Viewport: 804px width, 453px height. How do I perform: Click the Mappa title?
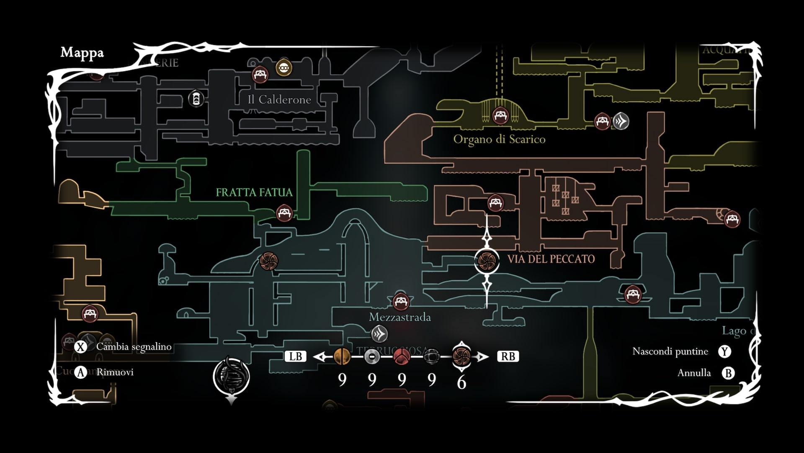pyautogui.click(x=82, y=53)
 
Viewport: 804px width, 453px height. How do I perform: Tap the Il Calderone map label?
pyautogui.click(x=279, y=100)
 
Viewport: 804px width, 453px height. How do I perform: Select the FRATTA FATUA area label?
pyautogui.click(x=254, y=193)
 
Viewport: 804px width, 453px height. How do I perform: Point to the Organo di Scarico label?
pyautogui.click(x=499, y=139)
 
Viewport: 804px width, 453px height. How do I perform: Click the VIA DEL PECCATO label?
pyautogui.click(x=551, y=259)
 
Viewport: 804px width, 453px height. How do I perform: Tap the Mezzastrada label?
pyautogui.click(x=399, y=318)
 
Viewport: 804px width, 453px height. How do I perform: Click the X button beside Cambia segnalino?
pyautogui.click(x=80, y=347)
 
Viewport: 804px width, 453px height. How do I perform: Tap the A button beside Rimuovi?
pyautogui.click(x=80, y=372)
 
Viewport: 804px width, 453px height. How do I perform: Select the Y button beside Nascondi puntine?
pyautogui.click(x=725, y=351)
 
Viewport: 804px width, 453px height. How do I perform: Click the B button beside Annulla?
pyautogui.click(x=728, y=373)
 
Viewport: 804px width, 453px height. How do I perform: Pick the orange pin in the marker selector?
pyautogui.click(x=342, y=357)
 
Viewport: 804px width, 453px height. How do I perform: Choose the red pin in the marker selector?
pyautogui.click(x=402, y=357)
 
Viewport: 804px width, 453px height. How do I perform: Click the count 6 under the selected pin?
pyautogui.click(x=461, y=382)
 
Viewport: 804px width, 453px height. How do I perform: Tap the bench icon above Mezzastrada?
pyautogui.click(x=401, y=301)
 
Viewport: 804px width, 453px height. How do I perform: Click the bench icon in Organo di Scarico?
pyautogui.click(x=500, y=115)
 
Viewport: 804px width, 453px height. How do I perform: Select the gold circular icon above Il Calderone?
pyautogui.click(x=284, y=68)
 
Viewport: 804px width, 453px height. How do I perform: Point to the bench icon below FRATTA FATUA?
pyautogui.click(x=284, y=213)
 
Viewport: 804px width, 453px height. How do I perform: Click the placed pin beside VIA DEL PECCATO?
pyautogui.click(x=487, y=260)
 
